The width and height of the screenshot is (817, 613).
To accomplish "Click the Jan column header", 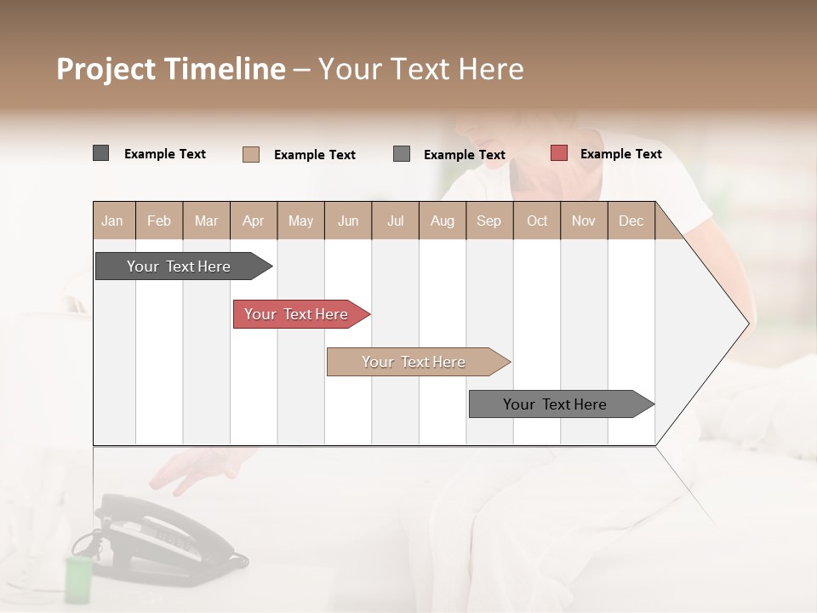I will [x=112, y=221].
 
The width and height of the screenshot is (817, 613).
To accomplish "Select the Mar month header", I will [x=206, y=221].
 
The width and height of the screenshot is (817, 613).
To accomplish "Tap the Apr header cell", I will [x=253, y=221].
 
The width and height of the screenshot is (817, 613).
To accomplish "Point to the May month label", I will [x=300, y=221].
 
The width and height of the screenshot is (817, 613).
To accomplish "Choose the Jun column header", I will [x=348, y=221].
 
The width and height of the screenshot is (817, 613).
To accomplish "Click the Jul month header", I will [x=395, y=221].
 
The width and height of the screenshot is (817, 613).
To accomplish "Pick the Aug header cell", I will [x=442, y=221].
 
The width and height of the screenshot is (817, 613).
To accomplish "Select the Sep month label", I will [x=488, y=221].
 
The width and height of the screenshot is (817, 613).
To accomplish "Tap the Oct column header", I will [x=537, y=221].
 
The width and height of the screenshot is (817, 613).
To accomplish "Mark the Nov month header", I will [x=583, y=221].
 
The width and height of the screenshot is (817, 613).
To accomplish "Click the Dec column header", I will [x=631, y=221].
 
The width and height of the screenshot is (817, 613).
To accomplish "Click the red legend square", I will [x=558, y=153].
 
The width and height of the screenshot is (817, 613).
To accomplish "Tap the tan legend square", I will [x=251, y=154].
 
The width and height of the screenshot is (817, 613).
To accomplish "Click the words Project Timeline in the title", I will [x=170, y=69].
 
